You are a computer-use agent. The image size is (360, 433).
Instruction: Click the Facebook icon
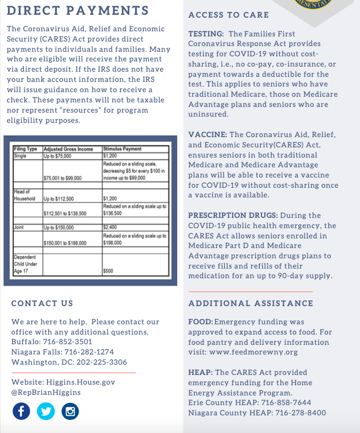coord(21,411)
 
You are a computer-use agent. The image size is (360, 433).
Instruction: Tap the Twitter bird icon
coord(46,411)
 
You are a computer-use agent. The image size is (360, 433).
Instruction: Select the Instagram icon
coord(70,411)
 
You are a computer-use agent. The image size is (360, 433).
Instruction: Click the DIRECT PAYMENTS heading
coord(77,11)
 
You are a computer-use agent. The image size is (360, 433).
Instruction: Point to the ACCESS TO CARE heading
coord(228,15)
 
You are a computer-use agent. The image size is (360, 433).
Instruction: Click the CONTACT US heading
coord(42,303)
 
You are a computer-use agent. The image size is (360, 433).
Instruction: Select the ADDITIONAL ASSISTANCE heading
coord(251,303)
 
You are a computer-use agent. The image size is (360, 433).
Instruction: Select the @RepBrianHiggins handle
coord(46,393)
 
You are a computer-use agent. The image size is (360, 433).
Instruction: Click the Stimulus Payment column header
coord(122,149)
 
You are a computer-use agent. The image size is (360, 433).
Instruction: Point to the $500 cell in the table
coord(108,271)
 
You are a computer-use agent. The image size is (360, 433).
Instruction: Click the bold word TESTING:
coord(206,34)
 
